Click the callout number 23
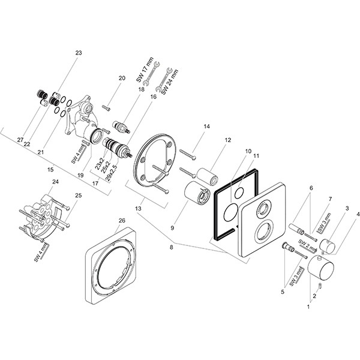pos(78,53)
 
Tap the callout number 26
pos(122,220)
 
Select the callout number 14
pos(207,127)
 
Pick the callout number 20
pos(122,79)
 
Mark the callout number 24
pos(55,182)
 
